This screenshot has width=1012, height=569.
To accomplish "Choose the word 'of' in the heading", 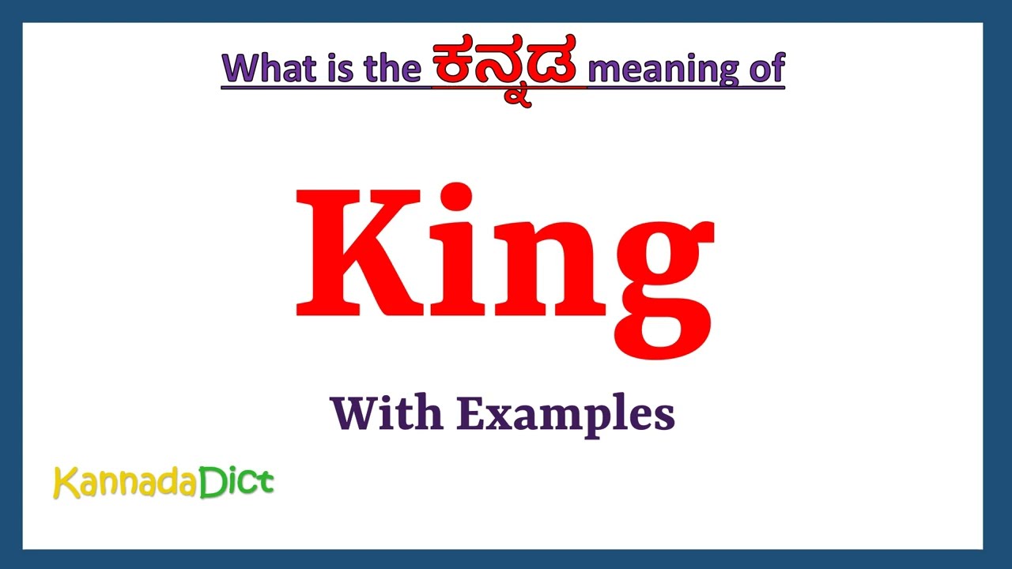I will click(x=765, y=70).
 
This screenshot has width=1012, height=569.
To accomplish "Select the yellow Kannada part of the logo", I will click(x=124, y=483).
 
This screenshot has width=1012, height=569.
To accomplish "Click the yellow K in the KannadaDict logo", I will click(x=66, y=483).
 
